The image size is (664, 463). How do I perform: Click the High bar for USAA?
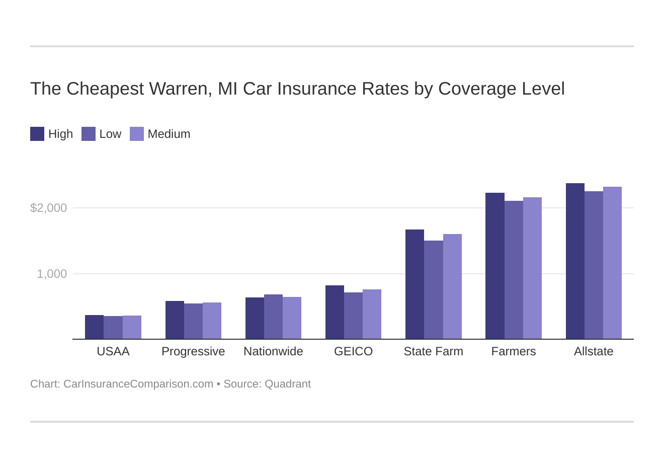[94, 327]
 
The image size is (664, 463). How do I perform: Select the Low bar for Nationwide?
[273, 317]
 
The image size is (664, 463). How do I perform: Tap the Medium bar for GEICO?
[372, 314]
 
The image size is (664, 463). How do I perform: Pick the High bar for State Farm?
[414, 284]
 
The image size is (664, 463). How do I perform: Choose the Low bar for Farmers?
[514, 270]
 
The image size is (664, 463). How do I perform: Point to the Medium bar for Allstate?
[612, 263]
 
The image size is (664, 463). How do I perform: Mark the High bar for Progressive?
[175, 320]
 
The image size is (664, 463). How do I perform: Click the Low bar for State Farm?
[434, 290]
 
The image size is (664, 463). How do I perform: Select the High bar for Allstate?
[575, 261]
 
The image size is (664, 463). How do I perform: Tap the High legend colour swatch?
[37, 134]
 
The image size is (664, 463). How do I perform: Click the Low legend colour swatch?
[89, 134]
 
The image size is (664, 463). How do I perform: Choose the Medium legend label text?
[169, 134]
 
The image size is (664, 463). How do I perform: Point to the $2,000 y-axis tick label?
[48, 208]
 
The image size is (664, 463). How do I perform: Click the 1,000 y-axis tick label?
[52, 274]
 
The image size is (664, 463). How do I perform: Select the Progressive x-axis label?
[193, 351]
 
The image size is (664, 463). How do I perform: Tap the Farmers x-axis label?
[514, 351]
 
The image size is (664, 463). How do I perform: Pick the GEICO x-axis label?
[353, 351]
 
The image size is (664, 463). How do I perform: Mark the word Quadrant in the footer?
[288, 384]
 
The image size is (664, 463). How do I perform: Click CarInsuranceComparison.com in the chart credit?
[138, 384]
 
